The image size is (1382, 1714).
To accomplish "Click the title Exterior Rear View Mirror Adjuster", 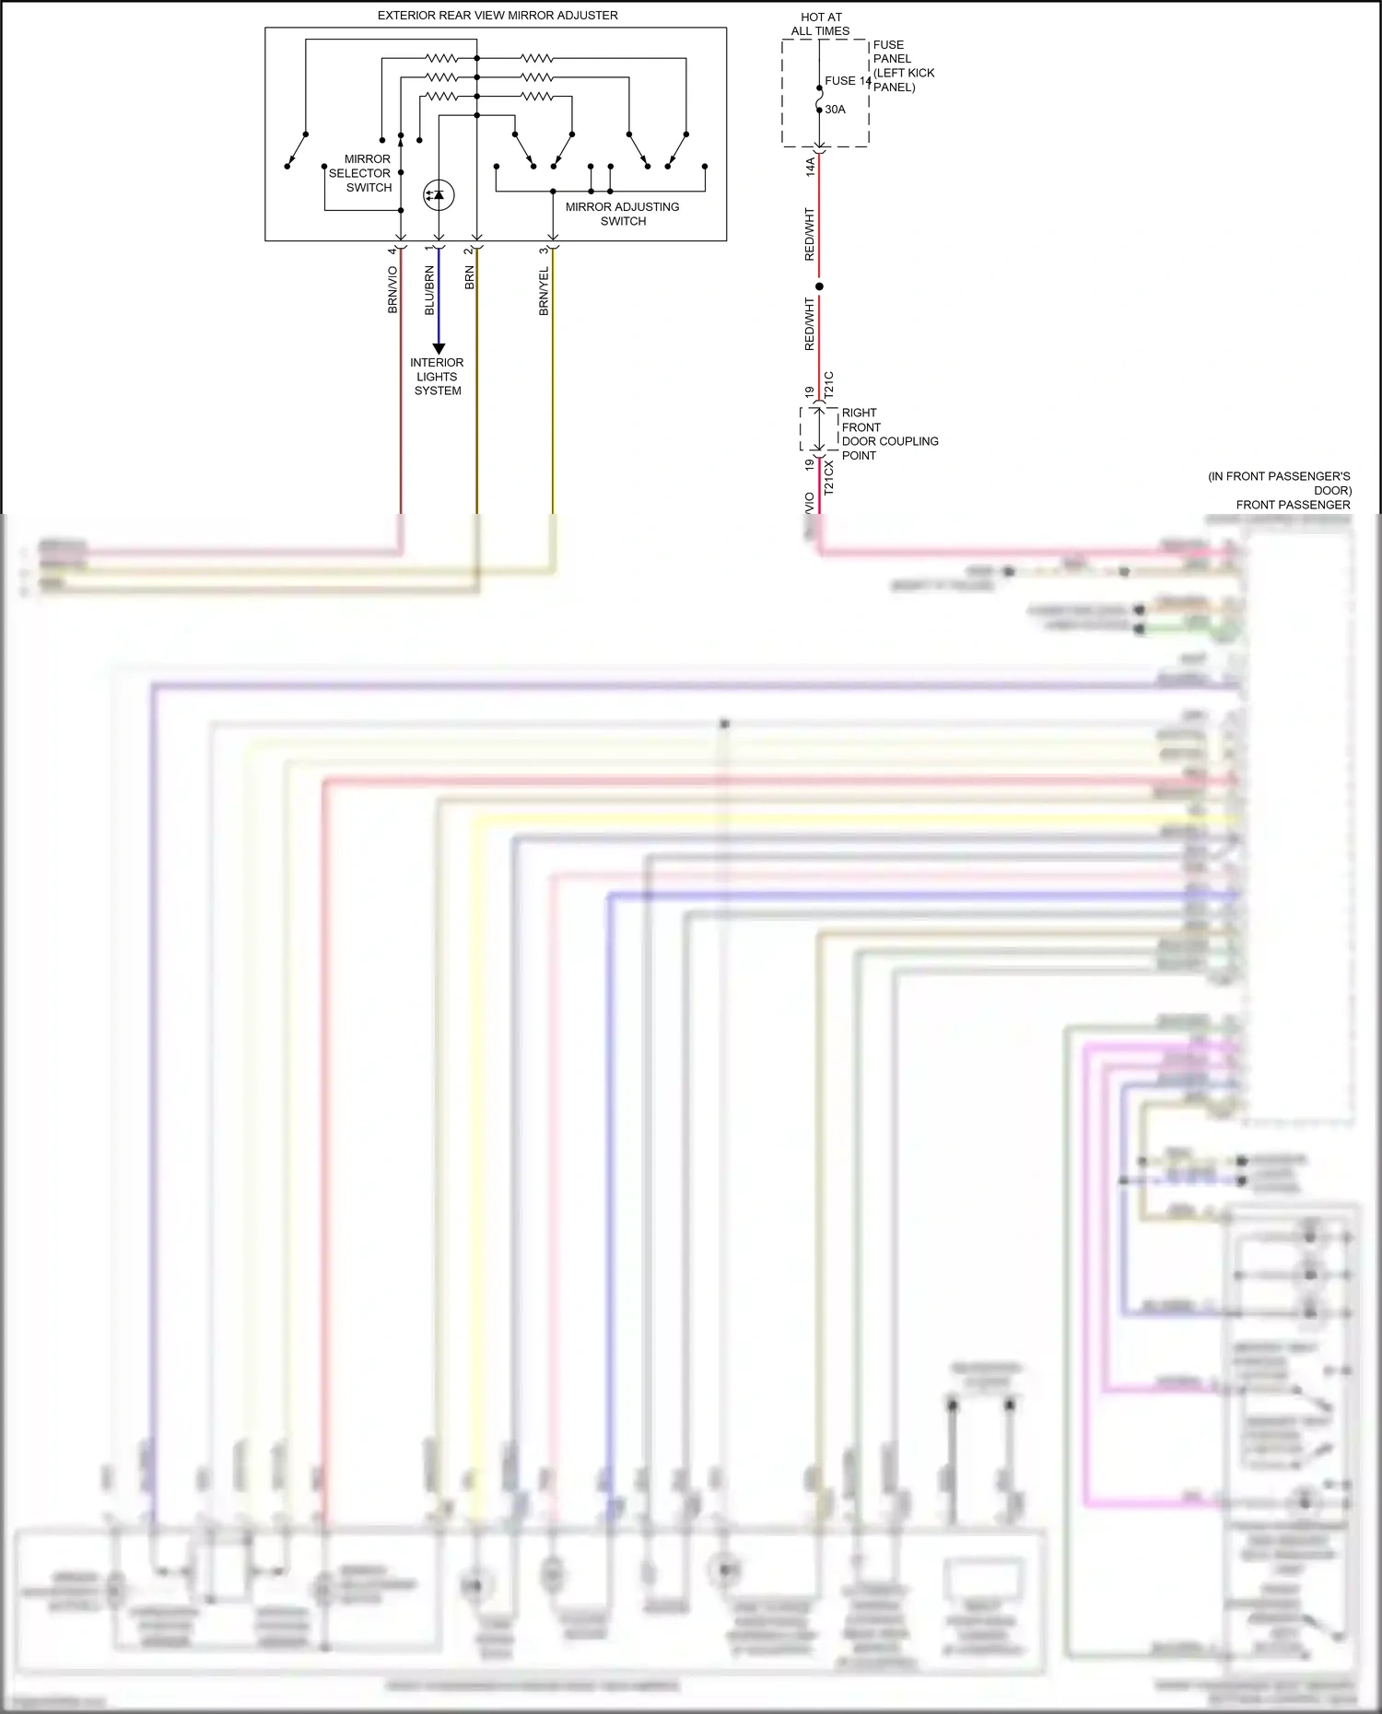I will coord(498,16).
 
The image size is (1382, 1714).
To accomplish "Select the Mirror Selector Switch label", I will coord(360,173).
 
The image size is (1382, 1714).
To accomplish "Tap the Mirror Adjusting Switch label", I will coord(623,214).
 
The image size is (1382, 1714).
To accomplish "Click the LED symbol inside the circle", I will coord(439,194).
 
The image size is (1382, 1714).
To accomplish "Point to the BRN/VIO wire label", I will coord(392,290).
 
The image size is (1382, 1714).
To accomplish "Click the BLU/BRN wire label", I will coord(429,291).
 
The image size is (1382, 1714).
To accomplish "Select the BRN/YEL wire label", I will coord(544,291).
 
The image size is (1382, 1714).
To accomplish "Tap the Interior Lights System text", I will coord(437,377).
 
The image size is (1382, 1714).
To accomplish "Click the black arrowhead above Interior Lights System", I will coord(439,349).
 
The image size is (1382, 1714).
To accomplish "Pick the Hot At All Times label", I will coord(820,24).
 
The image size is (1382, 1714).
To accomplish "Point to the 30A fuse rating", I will coord(835,110).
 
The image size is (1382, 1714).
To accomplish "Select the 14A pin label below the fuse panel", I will coord(811,167).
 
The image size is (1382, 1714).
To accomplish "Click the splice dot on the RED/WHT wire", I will coord(819,286).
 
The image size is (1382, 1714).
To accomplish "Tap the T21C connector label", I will coord(828,385).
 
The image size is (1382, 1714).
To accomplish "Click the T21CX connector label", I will coord(828,478).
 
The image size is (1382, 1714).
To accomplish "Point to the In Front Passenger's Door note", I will coord(1280,484).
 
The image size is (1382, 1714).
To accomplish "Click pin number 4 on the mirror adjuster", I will coord(392,251).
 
